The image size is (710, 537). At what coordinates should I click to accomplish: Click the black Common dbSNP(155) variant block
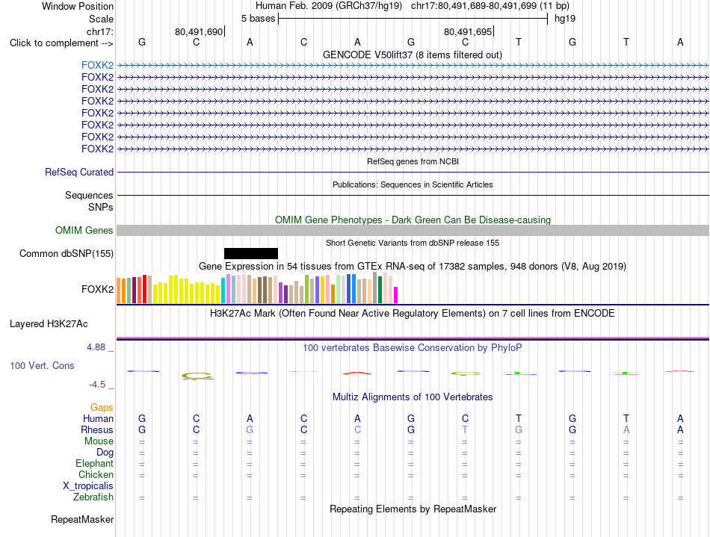pos(251,253)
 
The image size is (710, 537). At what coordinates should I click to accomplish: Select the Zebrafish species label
pos(93,497)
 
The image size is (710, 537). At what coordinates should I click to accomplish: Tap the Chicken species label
pos(96,474)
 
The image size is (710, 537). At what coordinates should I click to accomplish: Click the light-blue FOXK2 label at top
pos(97,65)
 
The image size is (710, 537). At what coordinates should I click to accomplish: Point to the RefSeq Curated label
pos(79,173)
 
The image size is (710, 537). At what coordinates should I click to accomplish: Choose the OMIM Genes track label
pos(84,231)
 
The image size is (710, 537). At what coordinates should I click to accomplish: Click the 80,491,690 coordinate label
pos(199,31)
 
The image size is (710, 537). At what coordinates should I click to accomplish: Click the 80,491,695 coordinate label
pos(468,31)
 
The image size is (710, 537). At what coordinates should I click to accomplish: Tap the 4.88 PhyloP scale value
pos(96,347)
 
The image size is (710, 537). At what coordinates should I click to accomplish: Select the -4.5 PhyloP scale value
pos(97,385)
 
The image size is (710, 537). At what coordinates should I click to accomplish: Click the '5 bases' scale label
pos(258,19)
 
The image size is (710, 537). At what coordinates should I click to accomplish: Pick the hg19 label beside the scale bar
pos(565,19)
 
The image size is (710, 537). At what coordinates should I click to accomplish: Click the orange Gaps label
pos(102,408)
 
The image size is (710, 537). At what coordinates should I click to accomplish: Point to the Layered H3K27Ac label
pos(49,324)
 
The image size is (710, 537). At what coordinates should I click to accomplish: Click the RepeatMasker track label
pos(82,519)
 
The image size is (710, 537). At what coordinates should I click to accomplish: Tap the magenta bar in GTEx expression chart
pos(396,295)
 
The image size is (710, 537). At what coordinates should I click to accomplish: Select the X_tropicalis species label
pos(88,486)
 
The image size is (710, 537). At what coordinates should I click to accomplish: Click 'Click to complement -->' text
pos(61,43)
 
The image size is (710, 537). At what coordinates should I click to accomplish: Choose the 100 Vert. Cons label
pos(42,365)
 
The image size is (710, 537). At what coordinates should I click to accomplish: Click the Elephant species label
pos(95,464)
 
